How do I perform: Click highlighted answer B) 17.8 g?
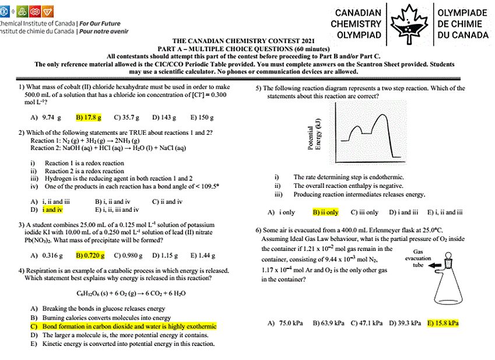pos(89,117)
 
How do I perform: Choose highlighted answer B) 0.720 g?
pos(90,255)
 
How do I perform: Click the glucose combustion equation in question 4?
pos(123,293)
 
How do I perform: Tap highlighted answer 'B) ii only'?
pos(325,212)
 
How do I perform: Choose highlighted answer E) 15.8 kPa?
pos(443,323)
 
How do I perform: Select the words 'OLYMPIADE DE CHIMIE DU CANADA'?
pos(462,24)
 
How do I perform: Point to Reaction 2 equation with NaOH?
pos(108,148)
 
